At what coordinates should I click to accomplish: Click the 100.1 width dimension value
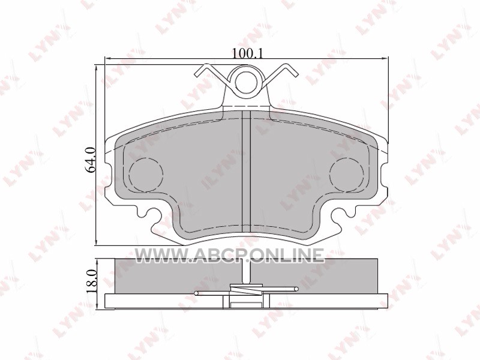point(247,53)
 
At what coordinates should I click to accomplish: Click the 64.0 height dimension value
point(92,160)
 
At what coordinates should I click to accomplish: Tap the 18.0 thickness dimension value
point(92,282)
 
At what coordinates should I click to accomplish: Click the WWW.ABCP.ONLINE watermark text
point(229,255)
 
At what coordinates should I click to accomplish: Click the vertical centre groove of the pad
point(247,172)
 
